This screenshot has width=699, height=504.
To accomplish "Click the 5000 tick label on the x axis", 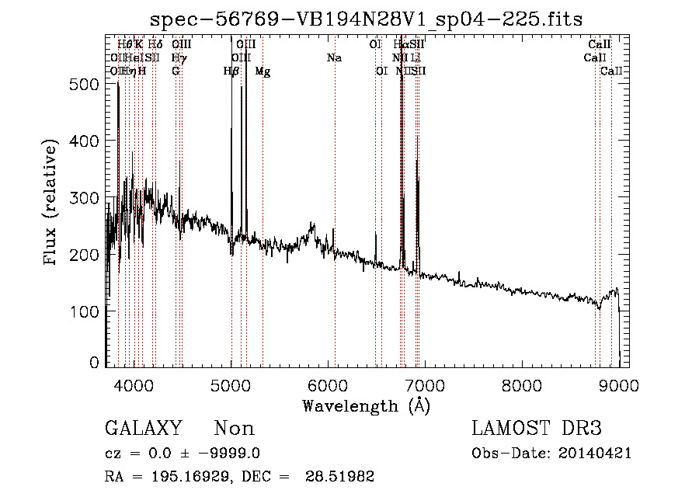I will click(x=231, y=384).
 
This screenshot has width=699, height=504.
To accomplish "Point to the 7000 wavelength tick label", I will click(x=425, y=384).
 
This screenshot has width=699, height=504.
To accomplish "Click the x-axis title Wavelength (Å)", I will click(x=366, y=405).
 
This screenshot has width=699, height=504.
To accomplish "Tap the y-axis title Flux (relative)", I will click(x=51, y=203).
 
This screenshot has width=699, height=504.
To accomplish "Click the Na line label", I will click(x=335, y=57).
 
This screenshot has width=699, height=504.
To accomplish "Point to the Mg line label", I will click(x=263, y=71).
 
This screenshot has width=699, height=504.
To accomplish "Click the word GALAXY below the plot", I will click(x=143, y=429).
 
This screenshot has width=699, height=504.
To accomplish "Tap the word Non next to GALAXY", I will click(x=234, y=429).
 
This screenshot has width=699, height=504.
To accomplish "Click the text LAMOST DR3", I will click(x=537, y=429).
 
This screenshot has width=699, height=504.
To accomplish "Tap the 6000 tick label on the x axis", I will click(x=328, y=384).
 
